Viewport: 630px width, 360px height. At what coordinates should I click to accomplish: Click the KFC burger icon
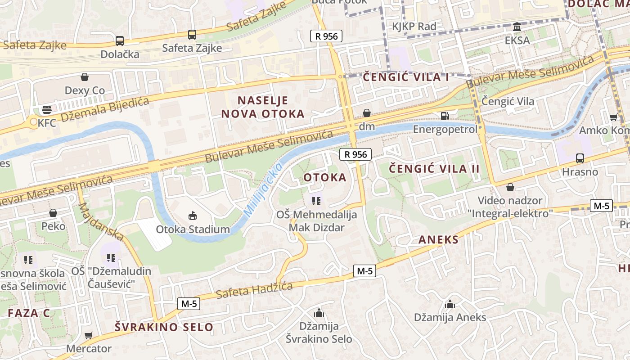[46, 109]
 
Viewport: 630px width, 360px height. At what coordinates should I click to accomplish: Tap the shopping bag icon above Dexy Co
[85, 77]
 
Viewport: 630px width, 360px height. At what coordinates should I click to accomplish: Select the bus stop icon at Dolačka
[119, 41]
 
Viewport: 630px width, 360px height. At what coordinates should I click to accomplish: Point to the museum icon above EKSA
[517, 27]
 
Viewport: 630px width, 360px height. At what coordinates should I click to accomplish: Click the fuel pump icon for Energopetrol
[445, 116]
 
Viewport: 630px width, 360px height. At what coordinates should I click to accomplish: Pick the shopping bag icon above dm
[367, 113]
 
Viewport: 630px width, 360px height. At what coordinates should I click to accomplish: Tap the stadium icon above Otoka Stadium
[193, 216]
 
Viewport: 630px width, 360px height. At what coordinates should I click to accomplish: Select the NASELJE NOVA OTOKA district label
[263, 107]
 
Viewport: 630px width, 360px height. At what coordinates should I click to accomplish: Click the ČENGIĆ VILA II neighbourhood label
[434, 169]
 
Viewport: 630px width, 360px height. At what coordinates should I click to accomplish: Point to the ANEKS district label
[438, 239]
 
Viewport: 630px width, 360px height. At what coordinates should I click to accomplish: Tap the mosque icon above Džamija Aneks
[450, 305]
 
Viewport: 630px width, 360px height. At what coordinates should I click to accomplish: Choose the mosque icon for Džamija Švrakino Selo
[319, 313]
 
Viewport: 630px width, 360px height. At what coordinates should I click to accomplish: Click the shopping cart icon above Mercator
[89, 335]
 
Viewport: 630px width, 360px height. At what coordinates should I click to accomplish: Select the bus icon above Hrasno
[580, 158]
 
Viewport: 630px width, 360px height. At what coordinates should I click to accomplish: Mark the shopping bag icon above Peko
[53, 213]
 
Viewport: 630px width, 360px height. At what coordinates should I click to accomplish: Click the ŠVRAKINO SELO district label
[164, 327]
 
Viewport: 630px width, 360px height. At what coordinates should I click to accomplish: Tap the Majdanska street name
[101, 221]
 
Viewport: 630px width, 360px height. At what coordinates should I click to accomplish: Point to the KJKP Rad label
[414, 27]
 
